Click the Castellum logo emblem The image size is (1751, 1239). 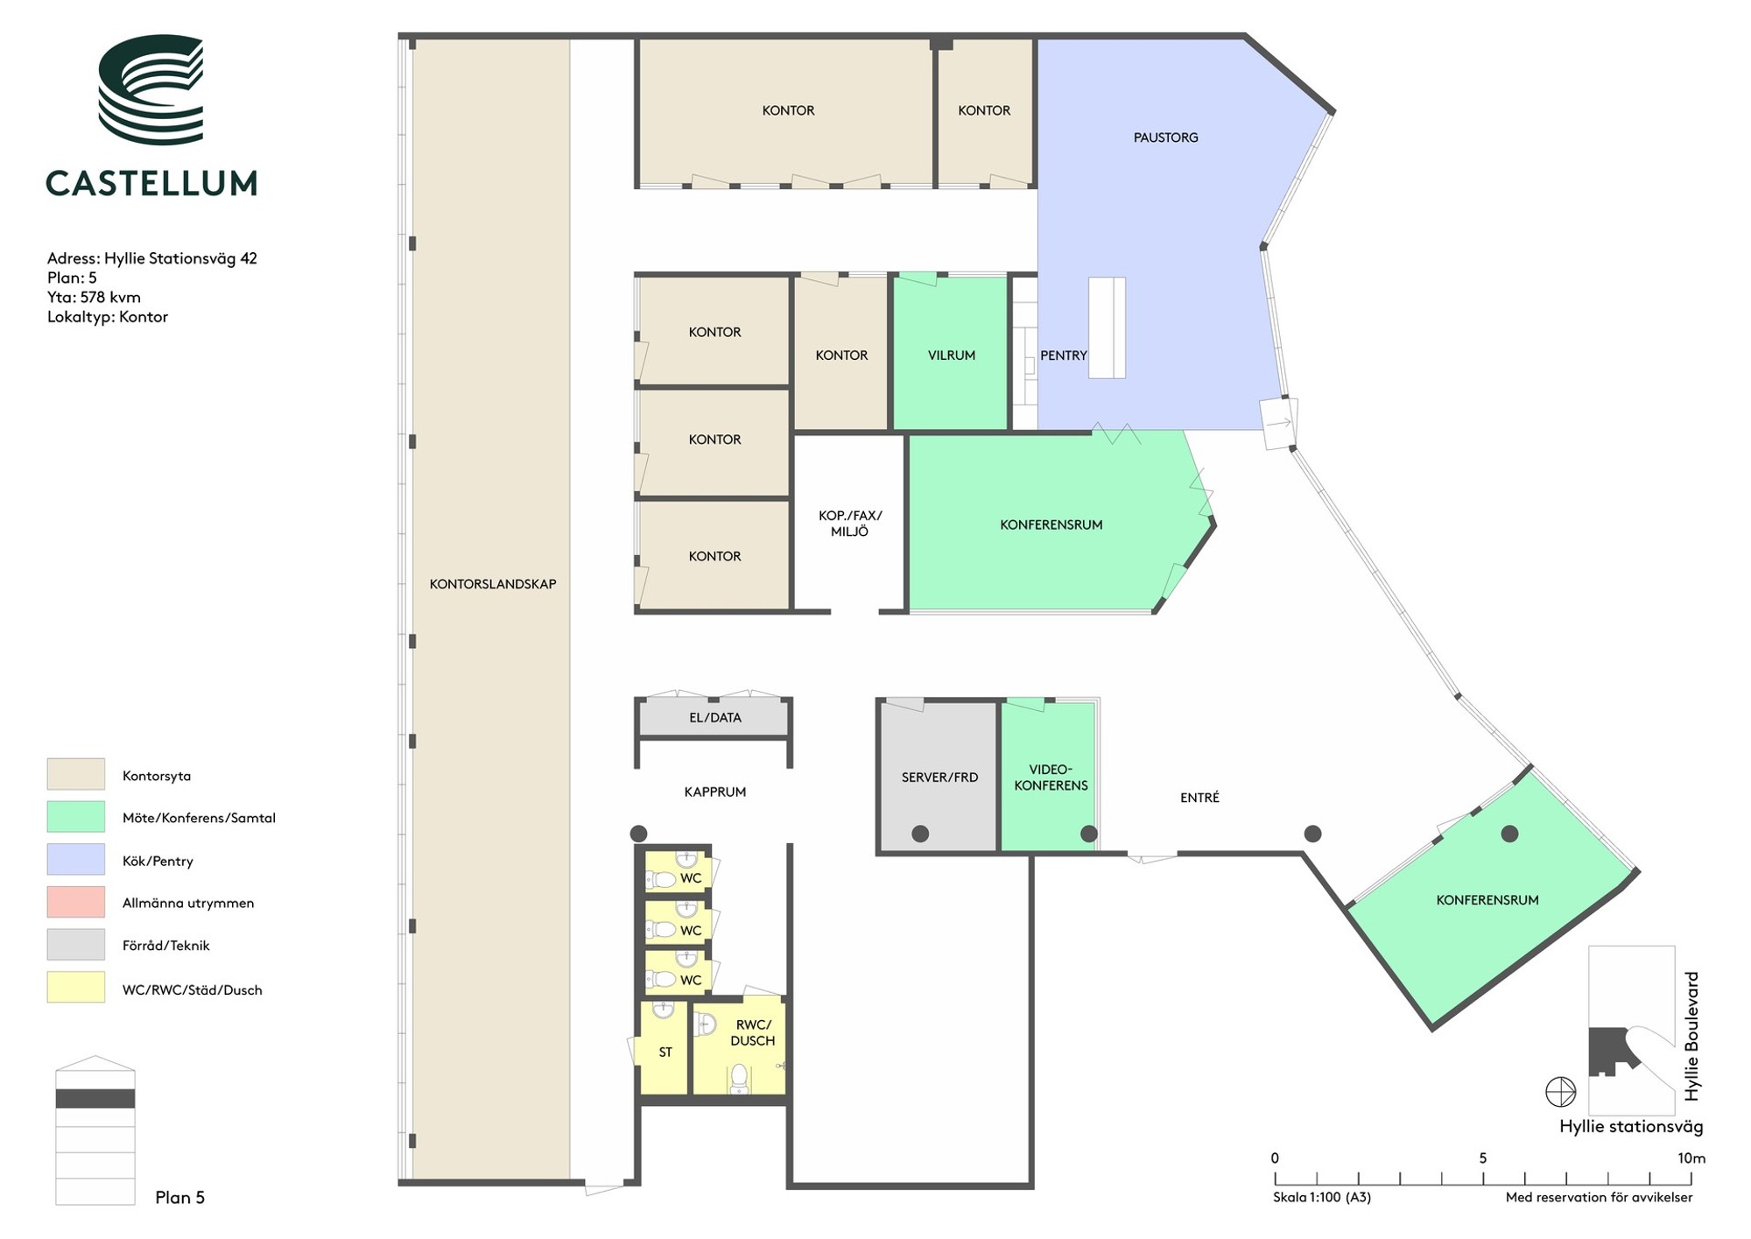click(x=151, y=89)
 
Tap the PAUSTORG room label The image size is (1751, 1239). click(x=1165, y=137)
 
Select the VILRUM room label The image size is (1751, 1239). click(x=952, y=356)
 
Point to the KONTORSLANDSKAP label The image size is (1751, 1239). click(x=493, y=584)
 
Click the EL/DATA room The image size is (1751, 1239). click(x=714, y=718)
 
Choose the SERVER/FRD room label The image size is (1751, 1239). click(x=939, y=777)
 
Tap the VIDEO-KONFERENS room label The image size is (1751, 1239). click(x=1051, y=778)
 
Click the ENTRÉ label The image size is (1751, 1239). click(x=1199, y=798)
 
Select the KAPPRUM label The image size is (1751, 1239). click(x=715, y=792)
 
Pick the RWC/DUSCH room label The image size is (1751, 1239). click(x=753, y=1032)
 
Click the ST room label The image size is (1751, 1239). click(x=665, y=1052)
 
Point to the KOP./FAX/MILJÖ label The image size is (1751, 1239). click(x=849, y=524)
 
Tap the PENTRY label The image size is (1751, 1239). click(x=1063, y=356)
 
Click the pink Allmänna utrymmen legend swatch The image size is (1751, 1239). click(x=76, y=902)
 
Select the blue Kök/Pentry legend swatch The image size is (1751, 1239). click(x=76, y=860)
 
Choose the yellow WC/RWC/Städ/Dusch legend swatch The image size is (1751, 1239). click(x=76, y=988)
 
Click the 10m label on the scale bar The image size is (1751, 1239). click(x=1691, y=1158)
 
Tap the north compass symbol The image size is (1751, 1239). click(x=1560, y=1092)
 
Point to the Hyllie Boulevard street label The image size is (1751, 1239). click(x=1691, y=1036)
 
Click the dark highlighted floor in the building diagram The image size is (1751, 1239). click(x=95, y=1098)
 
